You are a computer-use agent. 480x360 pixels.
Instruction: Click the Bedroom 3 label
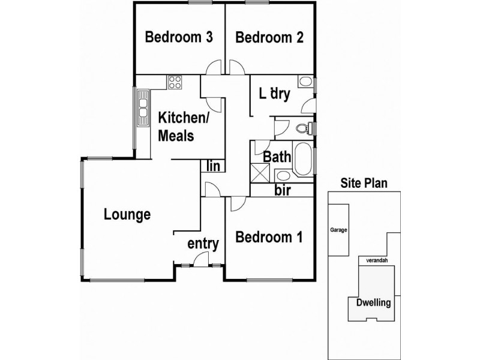tap(179, 37)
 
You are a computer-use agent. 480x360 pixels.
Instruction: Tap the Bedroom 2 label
tap(269, 37)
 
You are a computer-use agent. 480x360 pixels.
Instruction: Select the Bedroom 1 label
tap(269, 237)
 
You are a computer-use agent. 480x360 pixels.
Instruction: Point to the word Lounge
tap(127, 215)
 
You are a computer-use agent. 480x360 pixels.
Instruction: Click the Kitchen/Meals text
tap(184, 127)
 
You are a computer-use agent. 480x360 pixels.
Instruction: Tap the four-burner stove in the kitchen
tap(175, 82)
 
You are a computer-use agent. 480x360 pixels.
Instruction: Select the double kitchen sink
tap(143, 108)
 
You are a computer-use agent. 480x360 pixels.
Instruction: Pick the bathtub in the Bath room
tap(303, 158)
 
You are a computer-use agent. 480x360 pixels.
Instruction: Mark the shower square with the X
tap(260, 173)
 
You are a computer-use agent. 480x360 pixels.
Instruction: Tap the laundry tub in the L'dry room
tap(305, 82)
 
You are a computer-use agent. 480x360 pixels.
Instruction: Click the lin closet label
tap(213, 166)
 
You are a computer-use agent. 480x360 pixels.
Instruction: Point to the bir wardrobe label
tap(282, 190)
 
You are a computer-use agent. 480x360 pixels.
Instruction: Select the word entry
tap(203, 244)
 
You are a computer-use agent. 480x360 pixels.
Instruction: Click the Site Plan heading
tap(364, 183)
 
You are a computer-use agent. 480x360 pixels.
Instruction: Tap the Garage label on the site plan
tap(338, 230)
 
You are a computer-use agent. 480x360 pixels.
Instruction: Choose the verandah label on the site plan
tap(377, 260)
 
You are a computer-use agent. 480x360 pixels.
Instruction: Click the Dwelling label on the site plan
tap(373, 303)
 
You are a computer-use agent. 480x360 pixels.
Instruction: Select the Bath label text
tap(277, 157)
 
